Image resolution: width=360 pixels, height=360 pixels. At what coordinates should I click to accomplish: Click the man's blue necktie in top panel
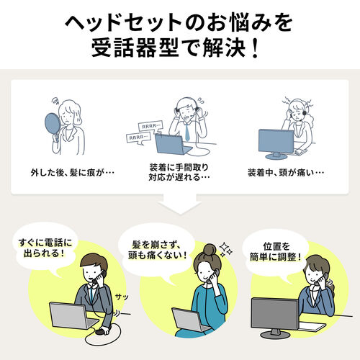[186, 131]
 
